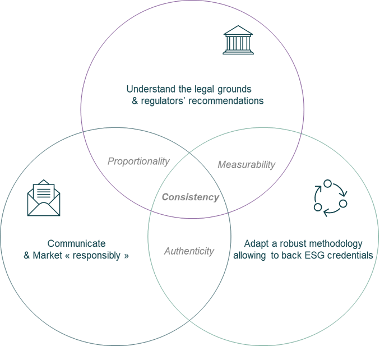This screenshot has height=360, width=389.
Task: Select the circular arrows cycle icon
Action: (330, 196)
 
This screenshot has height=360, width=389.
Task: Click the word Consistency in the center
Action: (191, 197)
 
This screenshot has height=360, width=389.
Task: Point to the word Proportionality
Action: (138, 161)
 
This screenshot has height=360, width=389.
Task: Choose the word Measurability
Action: (246, 165)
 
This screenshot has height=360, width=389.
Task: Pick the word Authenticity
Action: (189, 251)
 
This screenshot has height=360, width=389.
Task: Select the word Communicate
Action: (76, 244)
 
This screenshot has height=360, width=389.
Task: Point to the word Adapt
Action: (254, 244)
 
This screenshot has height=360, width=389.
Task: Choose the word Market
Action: (47, 256)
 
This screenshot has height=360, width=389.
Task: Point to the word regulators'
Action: (170, 101)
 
